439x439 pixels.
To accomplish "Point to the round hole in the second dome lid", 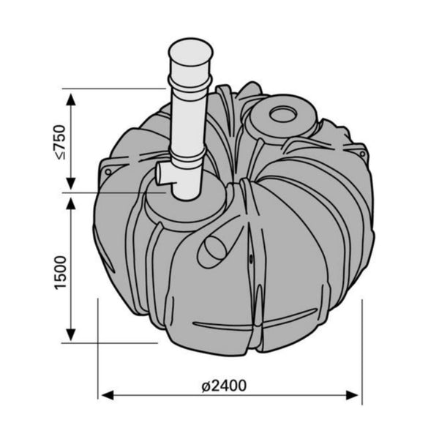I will click(x=281, y=113).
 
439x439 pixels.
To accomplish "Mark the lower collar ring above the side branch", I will click(x=190, y=155).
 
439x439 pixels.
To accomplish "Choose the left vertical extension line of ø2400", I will click(x=98, y=351).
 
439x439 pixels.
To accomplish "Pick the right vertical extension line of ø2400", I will click(x=361, y=344).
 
